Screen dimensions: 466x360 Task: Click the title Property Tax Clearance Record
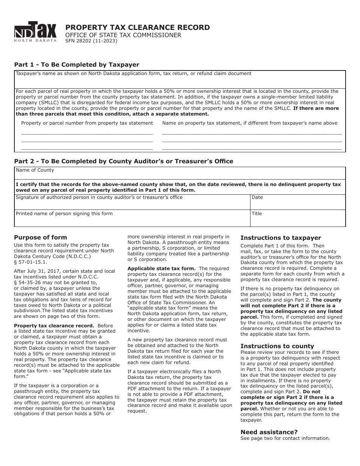tap(138, 27)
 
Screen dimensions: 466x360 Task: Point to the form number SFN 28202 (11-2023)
tap(91, 41)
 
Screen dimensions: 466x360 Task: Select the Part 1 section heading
tap(77, 64)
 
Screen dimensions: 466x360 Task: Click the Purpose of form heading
tap(41, 238)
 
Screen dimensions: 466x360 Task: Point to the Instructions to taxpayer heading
tap(280, 238)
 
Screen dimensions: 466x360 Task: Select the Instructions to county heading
tap(277, 346)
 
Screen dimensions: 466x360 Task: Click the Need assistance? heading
tap(269, 432)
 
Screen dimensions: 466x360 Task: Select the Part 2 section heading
tap(124, 161)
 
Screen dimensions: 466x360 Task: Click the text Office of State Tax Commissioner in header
tap(123, 35)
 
